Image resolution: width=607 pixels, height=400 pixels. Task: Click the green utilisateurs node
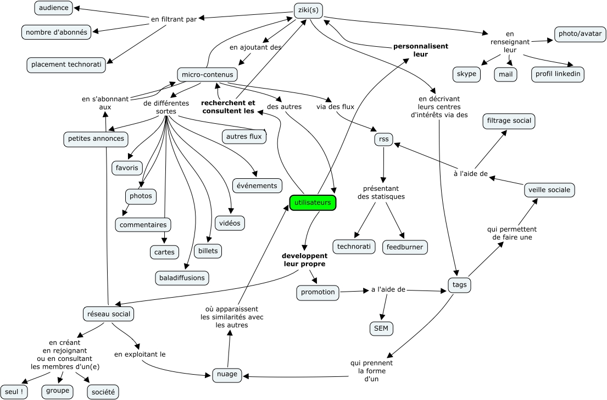click(x=313, y=203)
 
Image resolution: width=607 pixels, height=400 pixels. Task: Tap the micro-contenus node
click(x=207, y=74)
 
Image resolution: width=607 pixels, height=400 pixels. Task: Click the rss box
click(x=383, y=139)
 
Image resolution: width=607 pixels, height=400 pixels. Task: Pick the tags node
click(x=458, y=285)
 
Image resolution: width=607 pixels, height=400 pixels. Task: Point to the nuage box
click(x=227, y=375)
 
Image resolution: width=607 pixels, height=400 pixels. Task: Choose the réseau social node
click(x=108, y=314)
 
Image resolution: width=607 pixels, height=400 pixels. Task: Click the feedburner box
click(x=405, y=247)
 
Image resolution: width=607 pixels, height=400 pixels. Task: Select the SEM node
click(x=381, y=328)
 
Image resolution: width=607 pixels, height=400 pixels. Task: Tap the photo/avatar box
click(x=580, y=34)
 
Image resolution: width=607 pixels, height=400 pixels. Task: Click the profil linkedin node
click(x=557, y=74)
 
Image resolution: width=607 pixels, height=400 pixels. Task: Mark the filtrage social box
click(x=508, y=120)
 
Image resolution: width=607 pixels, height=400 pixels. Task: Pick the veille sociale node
click(x=549, y=190)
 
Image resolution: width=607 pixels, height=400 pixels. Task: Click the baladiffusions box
click(x=182, y=278)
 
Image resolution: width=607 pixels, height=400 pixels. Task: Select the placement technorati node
click(x=66, y=64)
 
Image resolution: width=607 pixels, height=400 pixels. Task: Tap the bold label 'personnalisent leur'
click(x=421, y=50)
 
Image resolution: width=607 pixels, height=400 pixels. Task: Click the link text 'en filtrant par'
click(x=174, y=20)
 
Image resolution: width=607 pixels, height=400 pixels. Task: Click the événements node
click(x=258, y=185)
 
